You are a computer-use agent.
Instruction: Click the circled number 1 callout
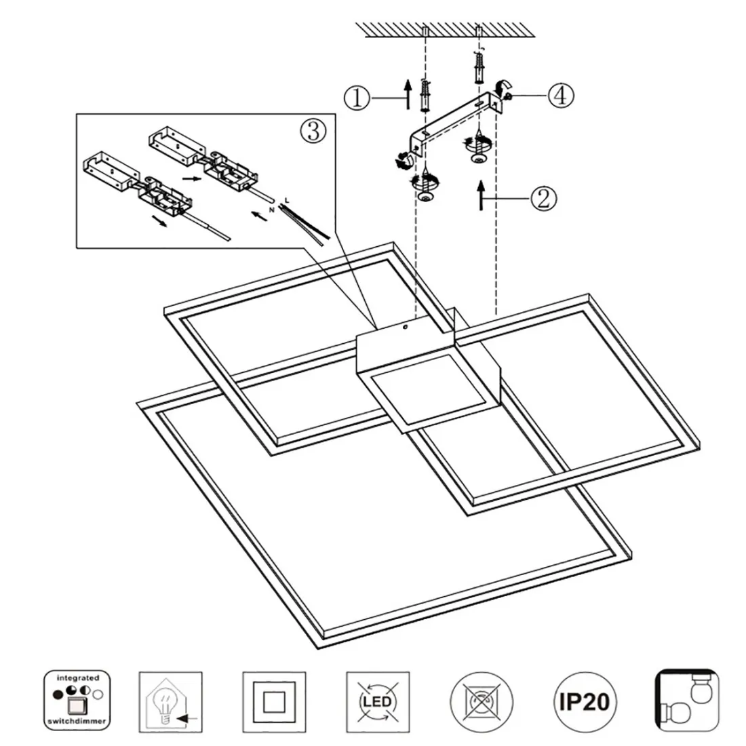(x=356, y=99)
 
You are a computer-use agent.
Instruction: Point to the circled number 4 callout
(x=561, y=95)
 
